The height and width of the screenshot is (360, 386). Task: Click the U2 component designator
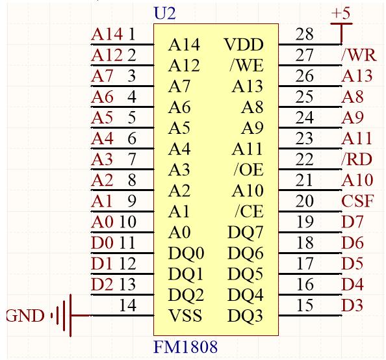(164, 13)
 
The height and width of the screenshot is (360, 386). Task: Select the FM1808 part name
(186, 346)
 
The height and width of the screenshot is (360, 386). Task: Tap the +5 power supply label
(341, 13)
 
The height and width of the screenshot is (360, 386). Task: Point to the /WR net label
(359, 55)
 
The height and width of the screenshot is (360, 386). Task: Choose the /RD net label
(357, 159)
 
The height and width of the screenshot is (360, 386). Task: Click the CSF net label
(357, 201)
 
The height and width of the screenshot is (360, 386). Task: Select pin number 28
(305, 34)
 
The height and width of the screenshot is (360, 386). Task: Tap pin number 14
(128, 305)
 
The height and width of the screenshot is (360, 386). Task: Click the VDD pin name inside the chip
(244, 45)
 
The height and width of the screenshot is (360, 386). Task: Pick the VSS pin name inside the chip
(185, 315)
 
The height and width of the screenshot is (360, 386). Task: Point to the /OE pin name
(249, 170)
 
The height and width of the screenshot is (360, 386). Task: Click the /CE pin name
(249, 211)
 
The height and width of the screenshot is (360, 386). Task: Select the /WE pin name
(246, 66)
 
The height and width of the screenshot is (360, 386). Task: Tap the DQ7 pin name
(246, 232)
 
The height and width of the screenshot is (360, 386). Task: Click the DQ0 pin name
(186, 253)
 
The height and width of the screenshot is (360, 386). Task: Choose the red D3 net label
(352, 305)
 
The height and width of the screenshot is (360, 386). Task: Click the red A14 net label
(107, 34)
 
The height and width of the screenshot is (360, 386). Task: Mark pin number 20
(305, 201)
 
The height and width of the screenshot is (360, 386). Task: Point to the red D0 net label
(102, 243)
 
